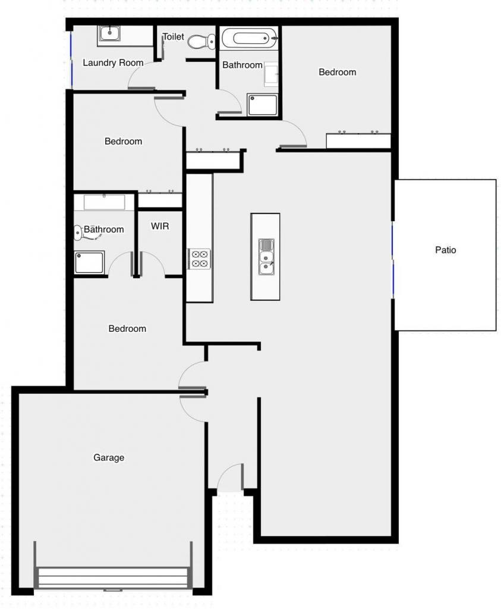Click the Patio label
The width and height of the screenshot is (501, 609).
[x=445, y=250]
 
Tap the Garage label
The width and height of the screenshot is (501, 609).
[x=109, y=457]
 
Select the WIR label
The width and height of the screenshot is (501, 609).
[x=159, y=226]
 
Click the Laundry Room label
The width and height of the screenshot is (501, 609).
[x=113, y=62]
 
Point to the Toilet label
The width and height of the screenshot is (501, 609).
[x=173, y=36]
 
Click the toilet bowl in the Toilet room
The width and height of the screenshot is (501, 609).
[x=201, y=42]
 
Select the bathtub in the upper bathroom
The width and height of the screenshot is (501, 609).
[x=250, y=39]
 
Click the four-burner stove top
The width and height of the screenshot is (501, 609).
[x=200, y=259]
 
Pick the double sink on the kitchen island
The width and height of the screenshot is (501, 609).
[x=266, y=257]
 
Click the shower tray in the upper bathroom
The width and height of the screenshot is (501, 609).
[x=262, y=105]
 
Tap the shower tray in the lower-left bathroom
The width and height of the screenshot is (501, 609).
[x=90, y=262]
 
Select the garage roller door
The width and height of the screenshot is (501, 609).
[x=113, y=577]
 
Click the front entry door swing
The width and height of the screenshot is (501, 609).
[x=231, y=477]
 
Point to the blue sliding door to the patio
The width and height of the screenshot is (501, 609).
[x=393, y=260]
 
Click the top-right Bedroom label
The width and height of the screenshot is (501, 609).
[x=337, y=72]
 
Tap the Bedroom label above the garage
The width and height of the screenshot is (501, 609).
[x=127, y=328]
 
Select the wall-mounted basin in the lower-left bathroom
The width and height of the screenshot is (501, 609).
[x=78, y=233]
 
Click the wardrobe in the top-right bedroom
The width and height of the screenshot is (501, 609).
[x=358, y=140]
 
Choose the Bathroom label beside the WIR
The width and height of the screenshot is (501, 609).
[x=103, y=229]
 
